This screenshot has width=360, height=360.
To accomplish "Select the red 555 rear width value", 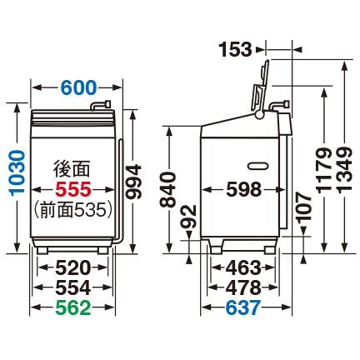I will click(72, 190).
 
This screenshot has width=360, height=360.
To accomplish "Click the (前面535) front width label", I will click(72, 212).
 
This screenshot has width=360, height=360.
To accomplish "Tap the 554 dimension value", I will click(72, 287).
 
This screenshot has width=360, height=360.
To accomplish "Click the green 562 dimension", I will click(72, 308).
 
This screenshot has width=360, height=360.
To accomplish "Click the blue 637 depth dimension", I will click(241, 308).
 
